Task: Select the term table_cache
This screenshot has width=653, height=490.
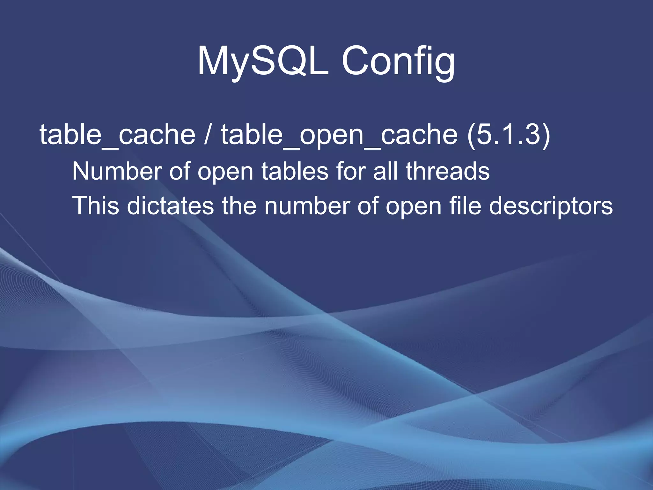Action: coord(117,135)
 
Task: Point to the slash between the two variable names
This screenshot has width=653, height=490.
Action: coord(208,135)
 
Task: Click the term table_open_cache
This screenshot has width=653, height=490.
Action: coord(339,135)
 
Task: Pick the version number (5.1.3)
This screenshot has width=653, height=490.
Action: coord(509,135)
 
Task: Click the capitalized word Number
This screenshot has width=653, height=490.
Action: coord(117,171)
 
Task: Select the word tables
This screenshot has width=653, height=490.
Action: coord(295,171)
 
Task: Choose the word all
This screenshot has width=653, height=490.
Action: coord(385,171)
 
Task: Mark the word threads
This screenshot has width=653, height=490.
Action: coord(448,171)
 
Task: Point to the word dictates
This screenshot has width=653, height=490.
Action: coord(171,206)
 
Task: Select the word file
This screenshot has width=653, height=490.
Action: coord(465,206)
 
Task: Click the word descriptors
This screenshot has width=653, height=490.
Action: coord(551,206)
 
